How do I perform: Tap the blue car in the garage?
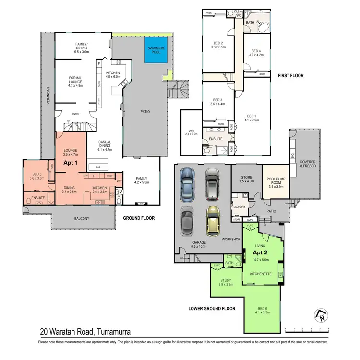(x=186, y=184)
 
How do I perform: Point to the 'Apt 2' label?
(x=261, y=252)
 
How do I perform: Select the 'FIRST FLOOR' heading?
(x=290, y=76)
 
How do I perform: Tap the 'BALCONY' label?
(x=81, y=219)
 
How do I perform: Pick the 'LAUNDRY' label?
(x=239, y=207)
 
